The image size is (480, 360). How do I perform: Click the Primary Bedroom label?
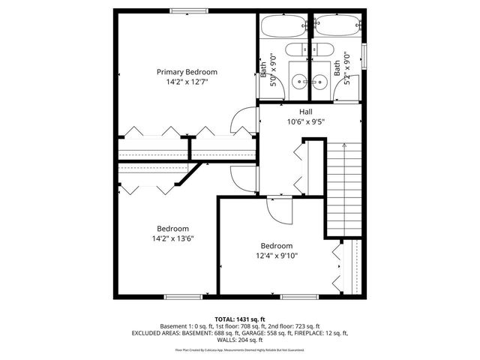point(192,72)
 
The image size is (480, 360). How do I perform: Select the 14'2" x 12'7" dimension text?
point(192,82)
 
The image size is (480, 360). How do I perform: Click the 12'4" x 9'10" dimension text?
point(276,255)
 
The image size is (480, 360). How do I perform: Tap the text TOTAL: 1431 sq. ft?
point(240,319)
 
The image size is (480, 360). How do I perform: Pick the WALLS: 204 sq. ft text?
point(240,340)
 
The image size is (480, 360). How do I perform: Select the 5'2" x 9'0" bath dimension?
point(346,70)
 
